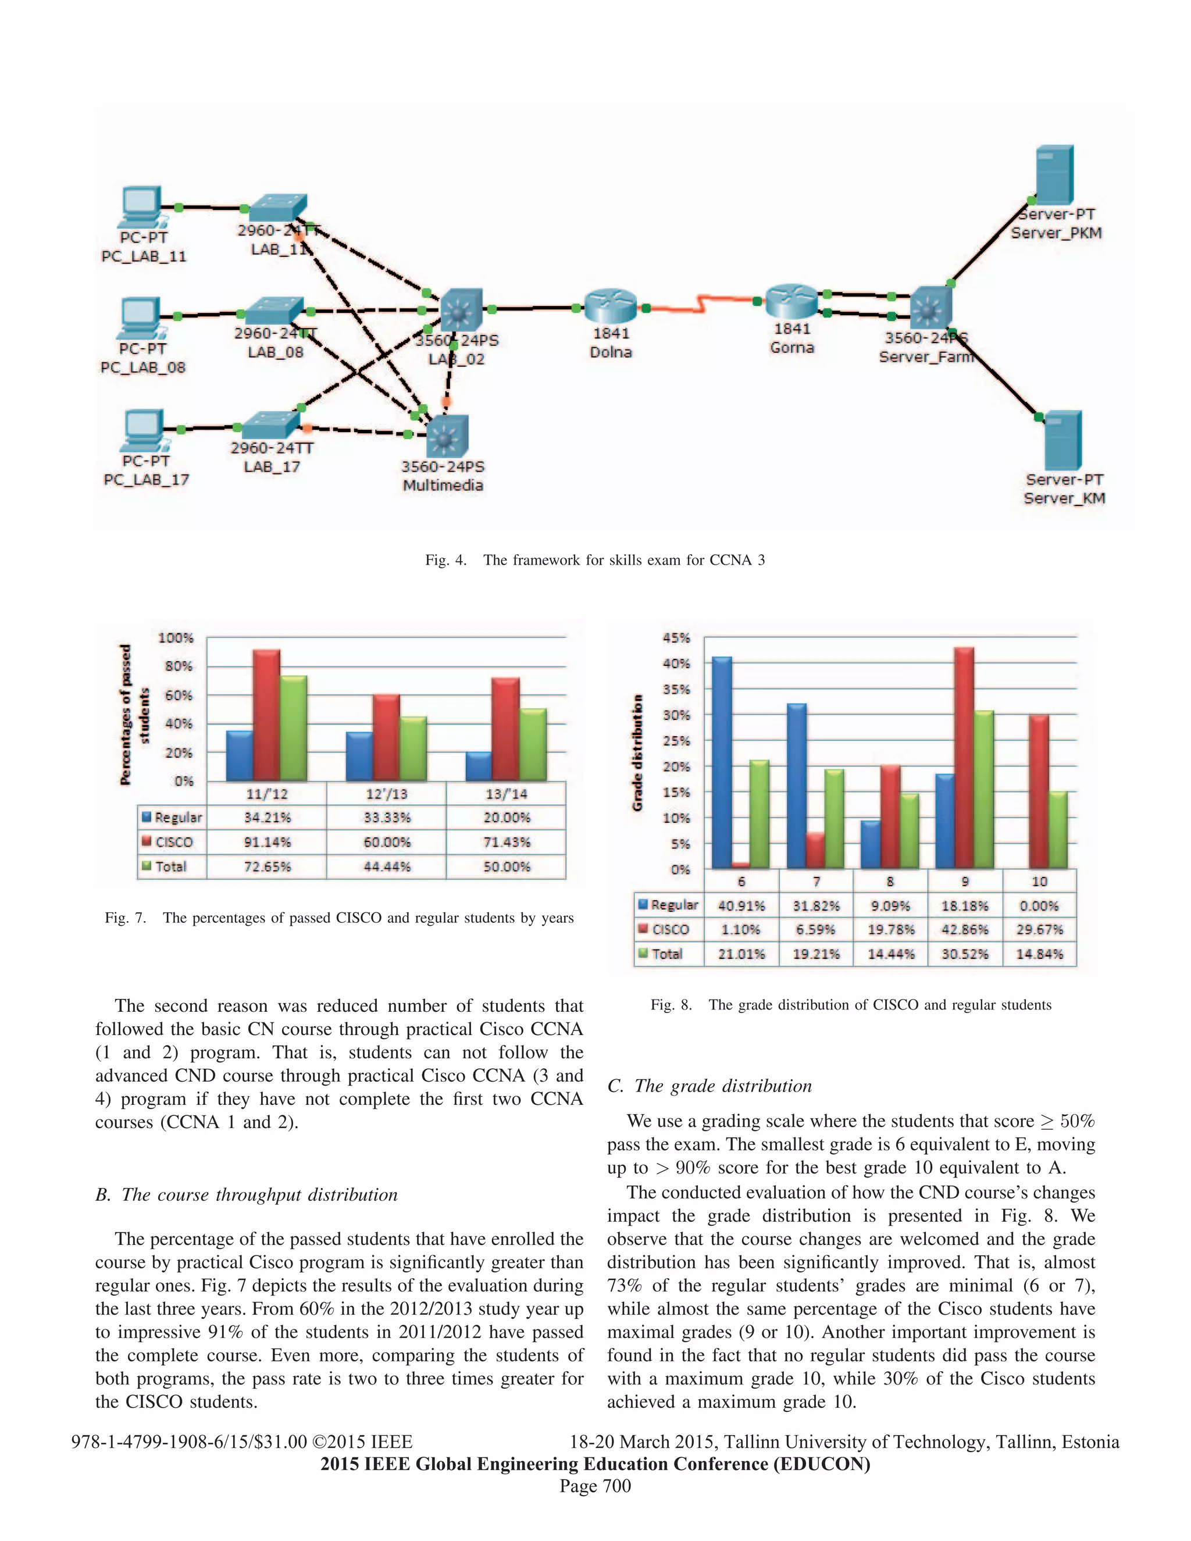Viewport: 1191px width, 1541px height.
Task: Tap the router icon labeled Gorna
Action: tap(791, 301)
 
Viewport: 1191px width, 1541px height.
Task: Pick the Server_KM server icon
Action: tap(1062, 440)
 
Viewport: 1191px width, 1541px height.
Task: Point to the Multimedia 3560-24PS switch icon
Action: tap(447, 436)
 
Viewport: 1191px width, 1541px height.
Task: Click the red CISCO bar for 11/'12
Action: tap(267, 715)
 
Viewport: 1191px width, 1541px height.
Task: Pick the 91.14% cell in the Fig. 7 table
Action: tap(267, 842)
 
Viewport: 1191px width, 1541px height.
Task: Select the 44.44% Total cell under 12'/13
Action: tap(387, 866)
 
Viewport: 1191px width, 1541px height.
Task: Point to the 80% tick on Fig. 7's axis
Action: tap(179, 666)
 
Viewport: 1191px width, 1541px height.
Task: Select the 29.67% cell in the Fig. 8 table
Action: tap(1039, 929)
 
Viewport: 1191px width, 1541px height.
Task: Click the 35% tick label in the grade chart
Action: tap(675, 689)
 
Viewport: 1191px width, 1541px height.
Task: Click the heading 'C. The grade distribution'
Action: tap(709, 1085)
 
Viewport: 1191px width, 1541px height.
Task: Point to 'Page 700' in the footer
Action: tap(595, 1486)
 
